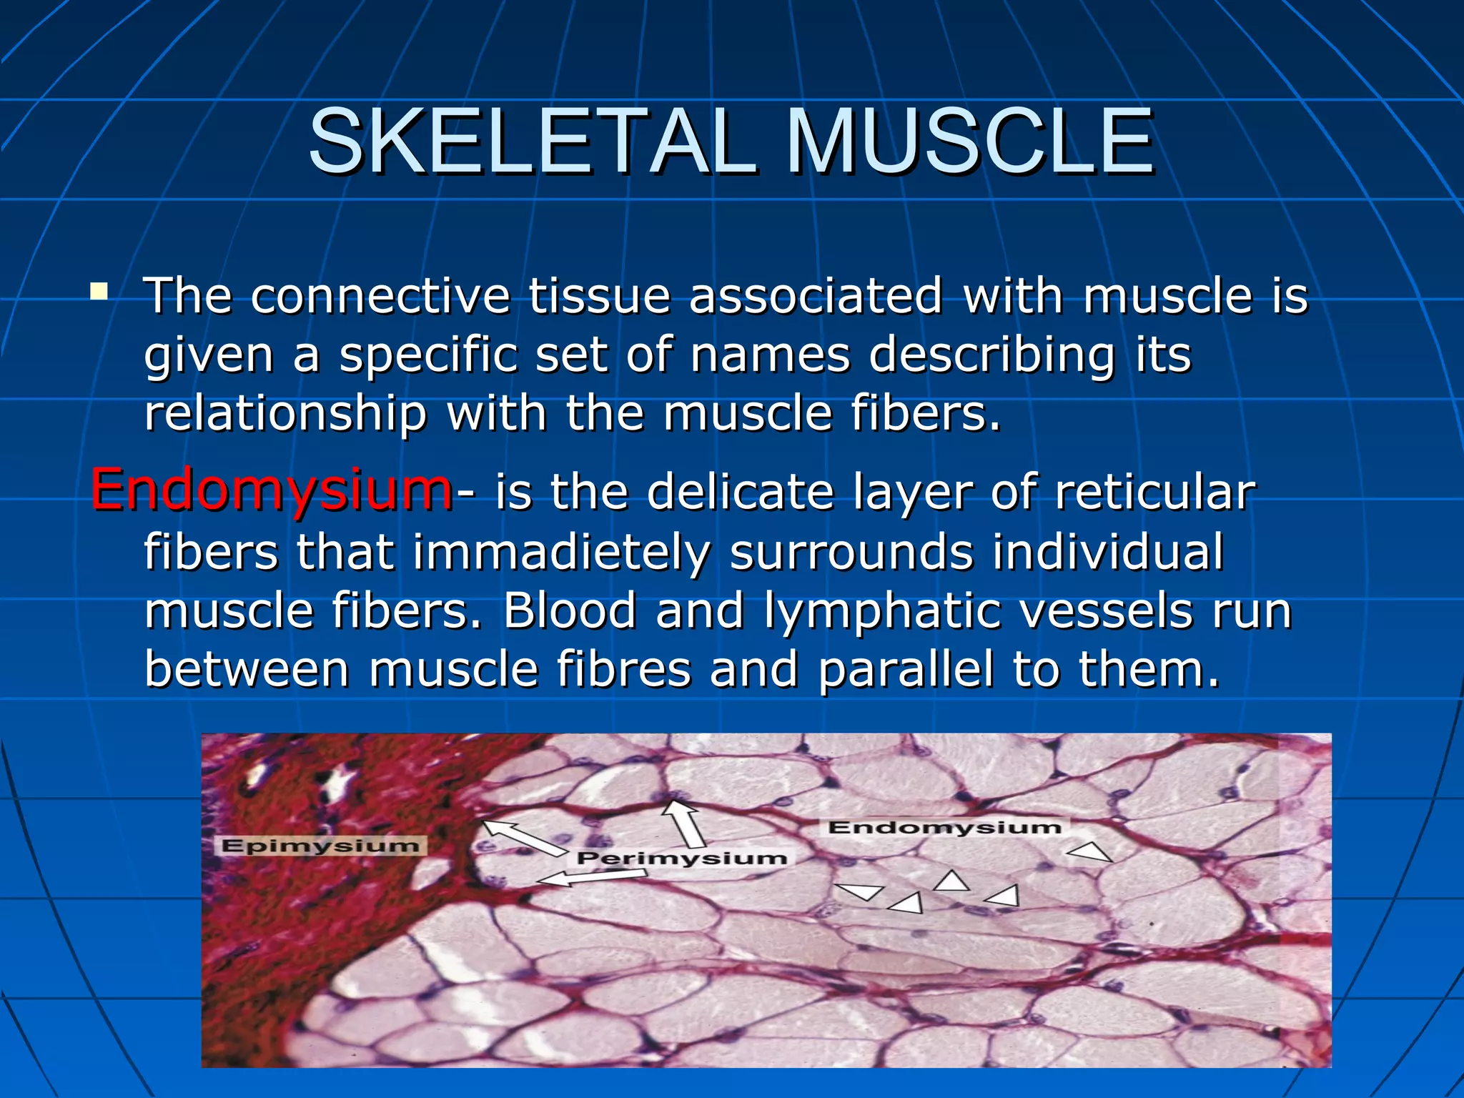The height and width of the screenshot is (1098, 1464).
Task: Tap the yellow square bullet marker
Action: pyautogui.click(x=99, y=292)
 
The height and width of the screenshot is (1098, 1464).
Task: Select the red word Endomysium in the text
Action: pyautogui.click(x=271, y=490)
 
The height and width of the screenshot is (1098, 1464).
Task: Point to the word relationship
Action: pyautogui.click(x=285, y=413)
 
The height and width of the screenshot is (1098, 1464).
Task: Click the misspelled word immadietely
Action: pyautogui.click(x=561, y=553)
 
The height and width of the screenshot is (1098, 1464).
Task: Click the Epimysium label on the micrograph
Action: pyautogui.click(x=320, y=846)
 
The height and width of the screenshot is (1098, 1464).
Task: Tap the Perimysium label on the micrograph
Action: pyautogui.click(x=682, y=858)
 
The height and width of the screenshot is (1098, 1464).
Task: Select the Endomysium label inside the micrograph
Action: pyautogui.click(x=945, y=828)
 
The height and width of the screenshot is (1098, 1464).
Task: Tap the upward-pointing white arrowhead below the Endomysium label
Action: pyautogui.click(x=951, y=881)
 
